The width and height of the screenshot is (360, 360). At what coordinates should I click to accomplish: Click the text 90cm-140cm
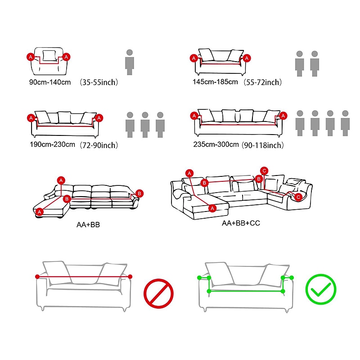(x=50, y=82)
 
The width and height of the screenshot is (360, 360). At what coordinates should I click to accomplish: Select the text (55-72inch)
(x=263, y=82)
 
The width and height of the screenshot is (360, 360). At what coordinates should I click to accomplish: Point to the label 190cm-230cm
(x=52, y=144)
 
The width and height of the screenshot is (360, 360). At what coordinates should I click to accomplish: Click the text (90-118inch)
(x=263, y=145)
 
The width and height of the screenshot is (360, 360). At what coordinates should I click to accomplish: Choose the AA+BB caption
(x=88, y=225)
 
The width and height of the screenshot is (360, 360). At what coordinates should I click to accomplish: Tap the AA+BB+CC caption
(x=241, y=223)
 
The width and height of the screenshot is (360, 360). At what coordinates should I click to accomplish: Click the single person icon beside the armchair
(x=130, y=62)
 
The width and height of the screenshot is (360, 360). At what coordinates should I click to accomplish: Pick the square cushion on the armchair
(x=49, y=56)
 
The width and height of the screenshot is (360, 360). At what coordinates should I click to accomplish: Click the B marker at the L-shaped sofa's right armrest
(x=139, y=193)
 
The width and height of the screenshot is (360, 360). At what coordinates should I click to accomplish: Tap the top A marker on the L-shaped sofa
(x=61, y=180)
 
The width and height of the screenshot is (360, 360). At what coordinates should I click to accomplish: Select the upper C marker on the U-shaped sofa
(x=264, y=171)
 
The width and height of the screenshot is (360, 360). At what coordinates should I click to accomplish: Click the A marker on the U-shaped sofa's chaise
(x=212, y=208)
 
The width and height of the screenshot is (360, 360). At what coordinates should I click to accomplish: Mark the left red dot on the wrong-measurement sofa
(x=37, y=277)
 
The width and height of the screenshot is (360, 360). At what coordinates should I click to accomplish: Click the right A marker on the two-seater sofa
(x=247, y=58)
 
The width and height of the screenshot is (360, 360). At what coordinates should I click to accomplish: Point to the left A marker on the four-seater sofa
(x=194, y=116)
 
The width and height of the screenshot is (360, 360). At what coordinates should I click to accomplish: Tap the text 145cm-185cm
(x=215, y=82)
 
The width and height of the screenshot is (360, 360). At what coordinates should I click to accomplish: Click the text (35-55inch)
(x=99, y=82)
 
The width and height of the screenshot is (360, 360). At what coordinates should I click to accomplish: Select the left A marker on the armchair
(x=31, y=57)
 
